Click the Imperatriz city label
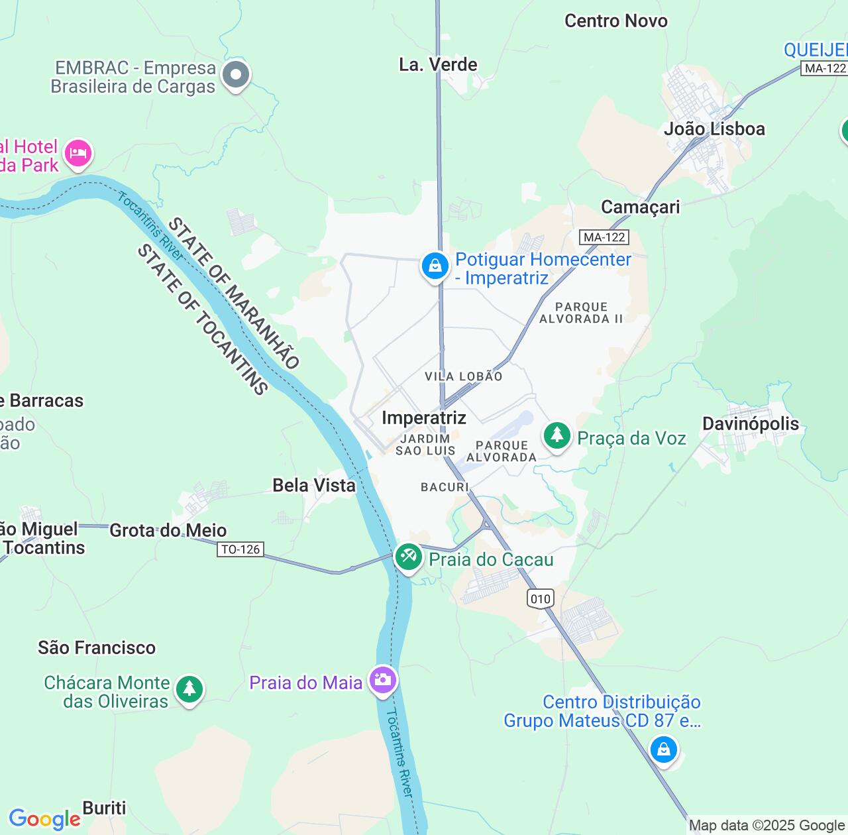point(424,417)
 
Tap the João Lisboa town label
point(714,129)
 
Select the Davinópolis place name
point(751,423)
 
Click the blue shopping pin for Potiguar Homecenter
point(435,266)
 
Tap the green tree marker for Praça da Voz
point(557,435)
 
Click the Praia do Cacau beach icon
point(408,557)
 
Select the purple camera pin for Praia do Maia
point(383,679)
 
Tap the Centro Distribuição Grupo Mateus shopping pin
point(663,750)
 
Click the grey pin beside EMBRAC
point(235,75)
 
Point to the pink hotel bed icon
point(78,153)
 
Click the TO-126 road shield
point(240,549)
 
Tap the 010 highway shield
point(541,599)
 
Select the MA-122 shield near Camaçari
point(604,237)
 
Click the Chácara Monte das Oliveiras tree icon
point(189,689)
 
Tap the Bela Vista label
point(314,485)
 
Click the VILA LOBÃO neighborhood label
point(463,376)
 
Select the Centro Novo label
point(615,21)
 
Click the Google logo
point(44,819)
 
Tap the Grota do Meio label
point(168,530)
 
